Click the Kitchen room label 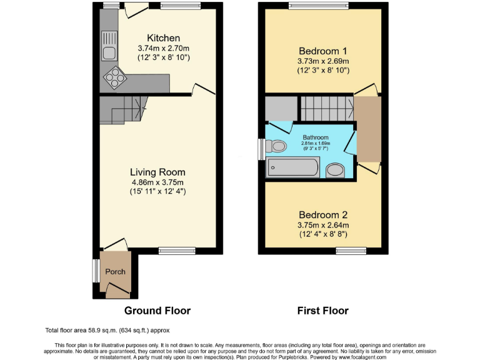(x=163, y=38)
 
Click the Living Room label (x=157, y=172)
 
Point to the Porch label (x=115, y=271)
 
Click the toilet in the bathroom (x=276, y=147)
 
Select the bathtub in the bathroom (x=293, y=167)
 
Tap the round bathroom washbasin (x=336, y=170)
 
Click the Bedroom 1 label (x=322, y=51)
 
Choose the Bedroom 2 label (x=322, y=215)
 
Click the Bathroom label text (x=316, y=137)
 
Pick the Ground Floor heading (x=157, y=311)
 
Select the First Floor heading (x=323, y=311)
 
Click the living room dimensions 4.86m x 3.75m (x=157, y=182)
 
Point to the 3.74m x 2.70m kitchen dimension (x=163, y=48)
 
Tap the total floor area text (x=107, y=330)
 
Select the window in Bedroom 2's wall (x=351, y=251)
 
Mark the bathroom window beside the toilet (x=261, y=149)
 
